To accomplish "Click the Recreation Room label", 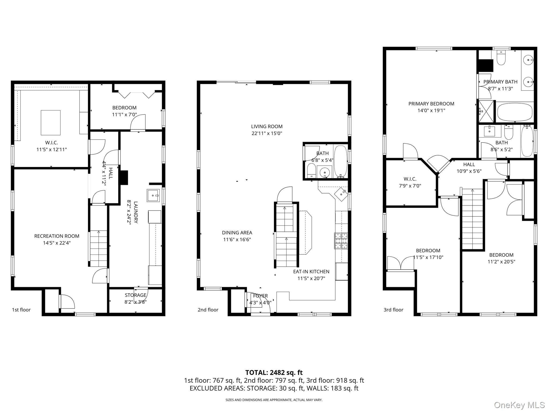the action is [57, 236].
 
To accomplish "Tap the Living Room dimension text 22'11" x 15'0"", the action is [267, 133].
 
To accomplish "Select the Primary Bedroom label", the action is [431, 104].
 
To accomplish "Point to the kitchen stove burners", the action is [341, 241].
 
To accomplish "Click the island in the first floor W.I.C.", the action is [51, 123].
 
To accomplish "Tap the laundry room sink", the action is [153, 195].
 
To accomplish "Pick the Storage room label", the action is [136, 295].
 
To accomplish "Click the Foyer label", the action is [260, 296].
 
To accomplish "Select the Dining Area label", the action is [237, 233].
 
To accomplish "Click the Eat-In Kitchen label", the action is [311, 271].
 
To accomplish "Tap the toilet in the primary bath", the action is [501, 59].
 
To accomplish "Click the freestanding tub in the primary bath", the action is [515, 112].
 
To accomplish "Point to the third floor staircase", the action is [473, 219].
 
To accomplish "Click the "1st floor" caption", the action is [21, 310].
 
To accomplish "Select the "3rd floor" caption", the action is [393, 310].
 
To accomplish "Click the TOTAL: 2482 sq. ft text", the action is [274, 372].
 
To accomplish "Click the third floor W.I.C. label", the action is [410, 179].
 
